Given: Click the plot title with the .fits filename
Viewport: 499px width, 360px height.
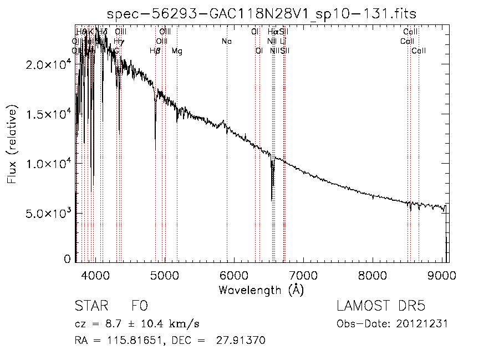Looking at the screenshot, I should pyautogui.click(x=262, y=13).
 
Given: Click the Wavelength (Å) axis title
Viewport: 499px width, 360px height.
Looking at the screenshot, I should pyautogui.click(x=262, y=290).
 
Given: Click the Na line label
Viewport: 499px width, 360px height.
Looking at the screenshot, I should pyautogui.click(x=226, y=42).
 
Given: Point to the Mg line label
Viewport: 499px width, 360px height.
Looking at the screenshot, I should pyautogui.click(x=177, y=51).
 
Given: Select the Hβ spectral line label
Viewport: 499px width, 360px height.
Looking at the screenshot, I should pyautogui.click(x=155, y=51).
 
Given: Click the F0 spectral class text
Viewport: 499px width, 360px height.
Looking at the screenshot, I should pyautogui.click(x=139, y=307).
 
